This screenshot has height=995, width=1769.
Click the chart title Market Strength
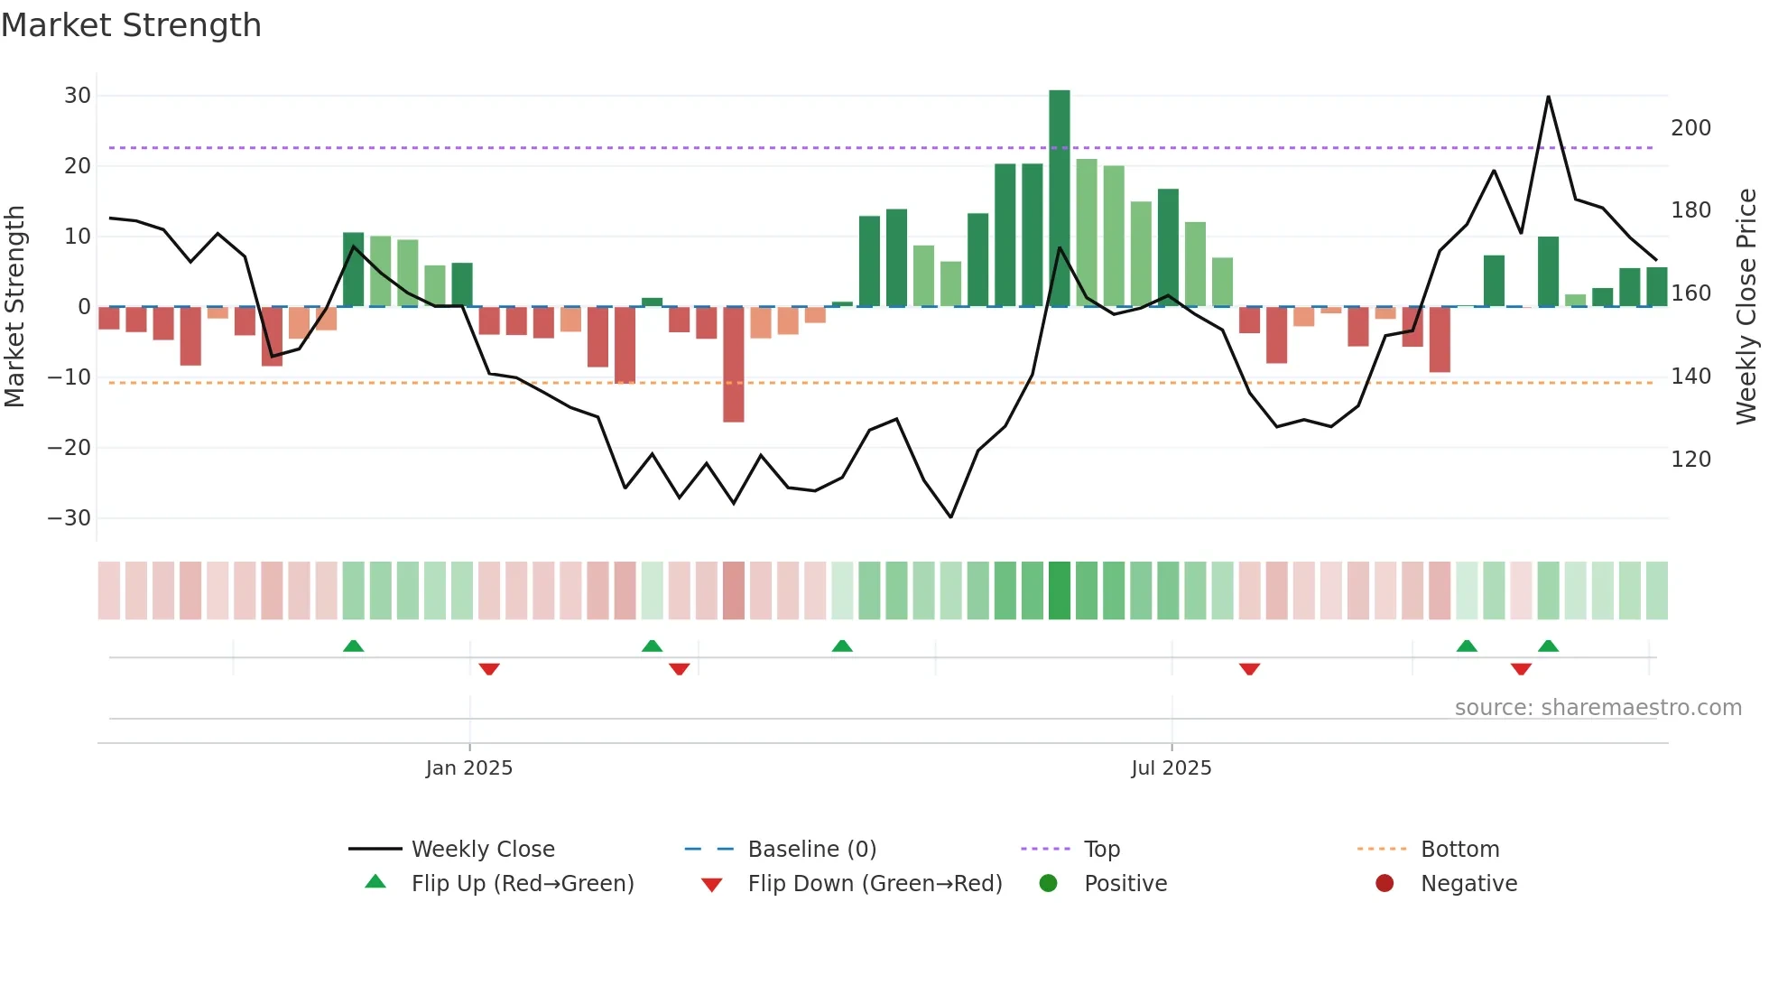131,25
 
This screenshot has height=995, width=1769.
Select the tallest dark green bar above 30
1059,199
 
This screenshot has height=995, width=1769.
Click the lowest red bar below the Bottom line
733,365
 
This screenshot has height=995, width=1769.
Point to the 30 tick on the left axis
78,96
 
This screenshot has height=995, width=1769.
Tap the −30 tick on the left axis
69,518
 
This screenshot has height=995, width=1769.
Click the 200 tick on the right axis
1690,128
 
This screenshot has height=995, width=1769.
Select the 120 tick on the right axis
1690,460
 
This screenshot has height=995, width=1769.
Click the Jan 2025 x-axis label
468,768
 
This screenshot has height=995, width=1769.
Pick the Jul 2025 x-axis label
1171,768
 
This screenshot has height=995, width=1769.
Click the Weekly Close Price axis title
1746,307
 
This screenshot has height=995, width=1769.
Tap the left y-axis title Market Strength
14,307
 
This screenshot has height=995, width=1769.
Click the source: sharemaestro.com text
1598,708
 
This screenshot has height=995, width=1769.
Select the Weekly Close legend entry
482,850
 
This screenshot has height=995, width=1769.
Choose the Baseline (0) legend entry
811,850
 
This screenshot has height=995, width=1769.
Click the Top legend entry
1101,850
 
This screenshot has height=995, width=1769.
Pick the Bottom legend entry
1459,850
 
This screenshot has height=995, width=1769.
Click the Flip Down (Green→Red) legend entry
874,884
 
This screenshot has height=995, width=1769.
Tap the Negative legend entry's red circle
1384,884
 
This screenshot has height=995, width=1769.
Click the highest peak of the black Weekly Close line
1548,97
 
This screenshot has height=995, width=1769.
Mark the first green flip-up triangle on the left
353,646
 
